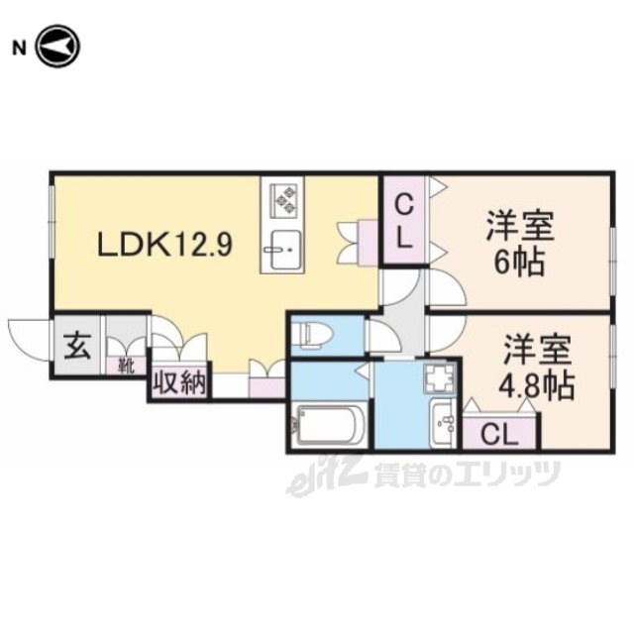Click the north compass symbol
(58, 47)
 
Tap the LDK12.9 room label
(165, 245)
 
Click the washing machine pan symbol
(440, 376)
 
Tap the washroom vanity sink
(443, 423)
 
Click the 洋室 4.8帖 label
(536, 368)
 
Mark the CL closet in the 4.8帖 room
(499, 434)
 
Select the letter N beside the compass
(19, 49)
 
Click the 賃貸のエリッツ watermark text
(467, 475)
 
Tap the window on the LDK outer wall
(53, 221)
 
